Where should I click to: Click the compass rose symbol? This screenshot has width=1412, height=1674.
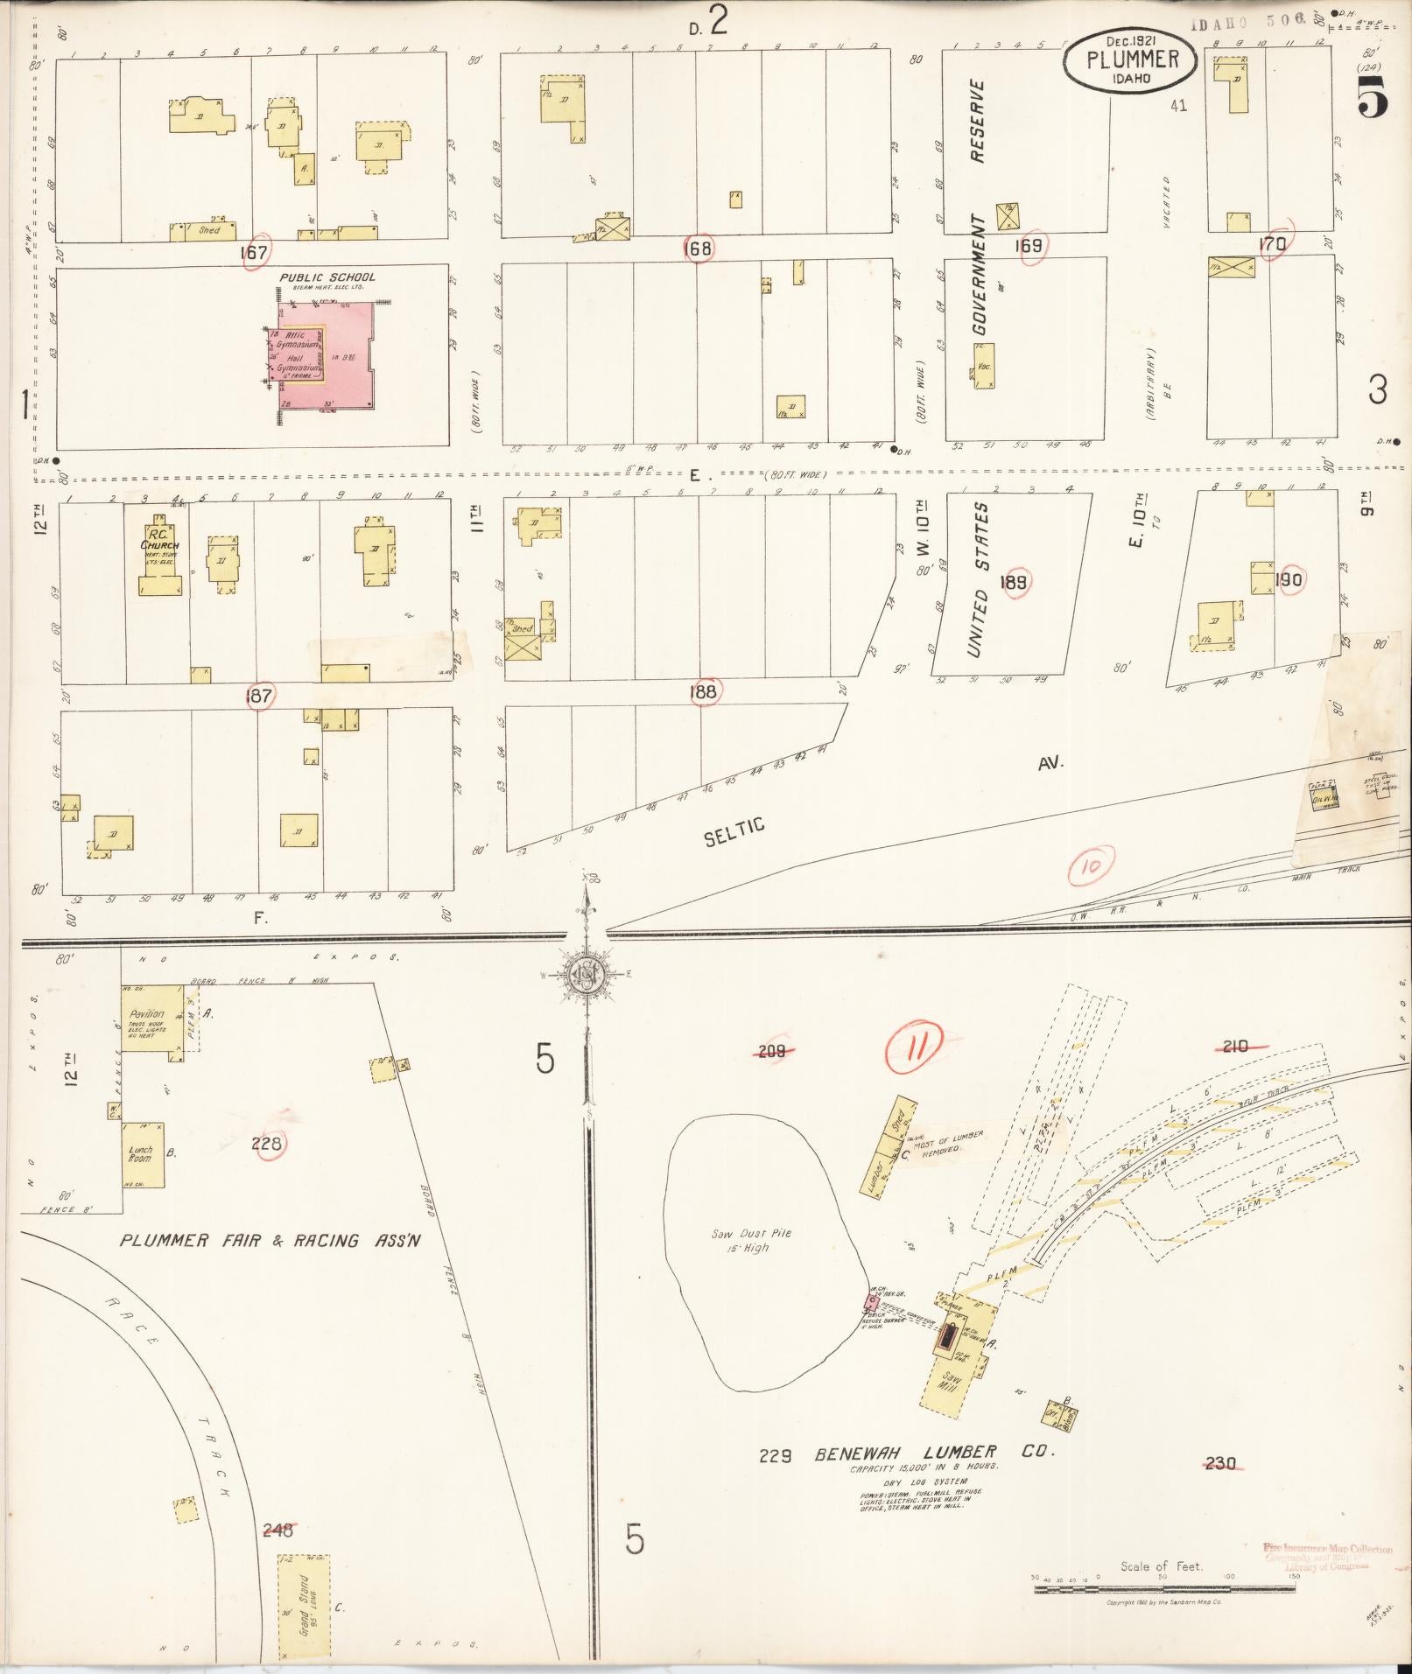pyautogui.click(x=587, y=974)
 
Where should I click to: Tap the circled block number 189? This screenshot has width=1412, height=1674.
pyautogui.click(x=1016, y=584)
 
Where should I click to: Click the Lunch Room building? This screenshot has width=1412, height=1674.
pyautogui.click(x=143, y=1155)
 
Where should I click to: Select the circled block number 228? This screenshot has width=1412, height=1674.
pyautogui.click(x=268, y=1144)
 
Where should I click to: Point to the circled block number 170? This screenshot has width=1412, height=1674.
pyautogui.click(x=1272, y=244)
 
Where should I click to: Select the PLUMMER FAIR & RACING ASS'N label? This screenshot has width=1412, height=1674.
pyautogui.click(x=270, y=1240)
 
